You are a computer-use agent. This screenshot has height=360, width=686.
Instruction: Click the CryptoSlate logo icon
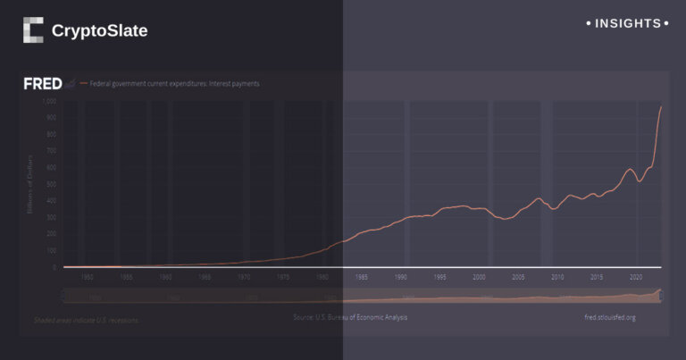pos(33,30)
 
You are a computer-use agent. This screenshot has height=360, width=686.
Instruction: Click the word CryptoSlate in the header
pos(99,30)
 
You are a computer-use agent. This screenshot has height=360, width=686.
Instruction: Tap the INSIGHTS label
pos(627,23)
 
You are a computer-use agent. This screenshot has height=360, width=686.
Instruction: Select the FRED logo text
pos(42,84)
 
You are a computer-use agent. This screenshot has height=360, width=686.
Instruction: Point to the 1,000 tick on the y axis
pos(49,101)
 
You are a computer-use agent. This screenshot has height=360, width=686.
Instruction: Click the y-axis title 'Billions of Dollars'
pos(30,183)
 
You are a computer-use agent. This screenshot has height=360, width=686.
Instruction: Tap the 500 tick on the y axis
pos(52,184)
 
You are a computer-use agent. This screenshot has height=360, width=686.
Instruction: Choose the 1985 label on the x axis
pos(363,277)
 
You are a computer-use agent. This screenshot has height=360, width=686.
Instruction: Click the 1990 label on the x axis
pos(402,277)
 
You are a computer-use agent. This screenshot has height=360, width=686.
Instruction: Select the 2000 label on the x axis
pos(480,277)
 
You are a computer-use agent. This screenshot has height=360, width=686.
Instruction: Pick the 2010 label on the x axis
pos(557,277)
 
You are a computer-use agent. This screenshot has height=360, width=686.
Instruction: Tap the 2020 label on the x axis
pos(636,277)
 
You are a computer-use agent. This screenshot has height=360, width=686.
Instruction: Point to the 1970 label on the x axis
pos(244,277)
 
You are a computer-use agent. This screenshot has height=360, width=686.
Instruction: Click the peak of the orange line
pos(661,107)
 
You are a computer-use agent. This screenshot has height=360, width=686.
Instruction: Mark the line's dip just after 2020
pos(639,181)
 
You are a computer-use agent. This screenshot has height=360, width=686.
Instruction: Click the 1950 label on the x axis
pos(88,277)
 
